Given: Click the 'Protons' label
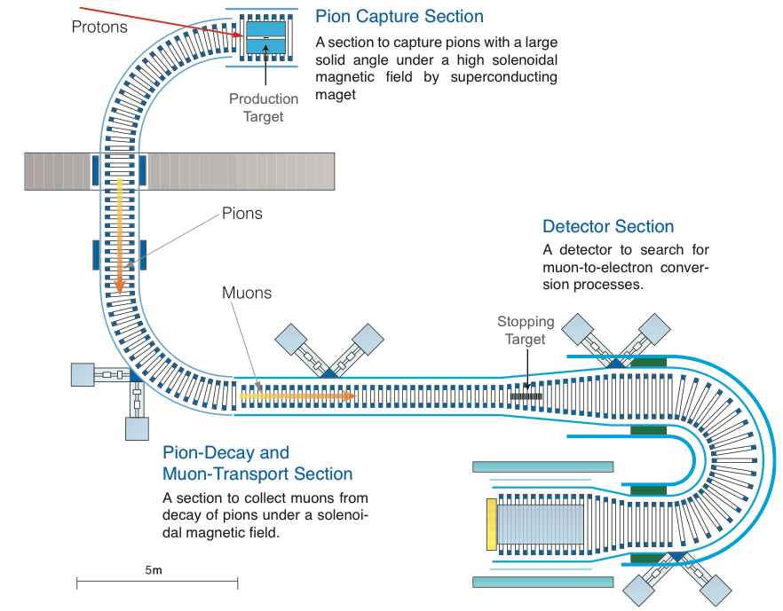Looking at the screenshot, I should click(99, 27).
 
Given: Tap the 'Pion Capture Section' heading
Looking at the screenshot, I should click(399, 16).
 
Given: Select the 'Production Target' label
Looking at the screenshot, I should click(263, 108).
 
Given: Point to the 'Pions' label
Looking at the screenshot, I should click(241, 214).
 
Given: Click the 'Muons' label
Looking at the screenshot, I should click(247, 293).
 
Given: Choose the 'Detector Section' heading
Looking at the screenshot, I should click(608, 227).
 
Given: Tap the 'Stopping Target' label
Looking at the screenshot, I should click(526, 330).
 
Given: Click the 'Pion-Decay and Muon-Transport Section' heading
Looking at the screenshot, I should click(257, 464).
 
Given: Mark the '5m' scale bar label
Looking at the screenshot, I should click(153, 570).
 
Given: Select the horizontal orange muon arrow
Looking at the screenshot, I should click(297, 396).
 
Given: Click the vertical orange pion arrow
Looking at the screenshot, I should click(119, 235).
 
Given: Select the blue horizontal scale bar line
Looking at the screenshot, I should click(157, 583).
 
